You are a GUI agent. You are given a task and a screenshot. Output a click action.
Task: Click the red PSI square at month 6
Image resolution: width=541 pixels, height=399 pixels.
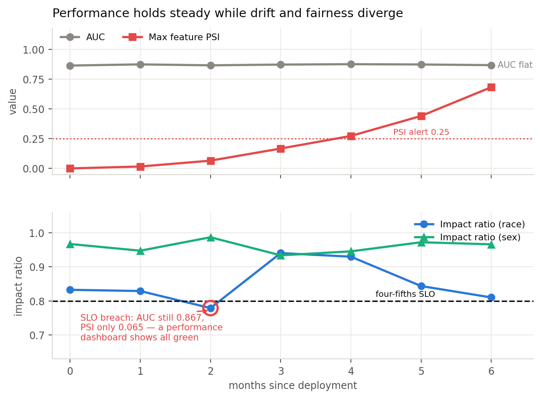pos(491,87)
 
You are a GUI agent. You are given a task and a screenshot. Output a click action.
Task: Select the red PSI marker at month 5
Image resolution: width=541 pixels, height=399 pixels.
pos(421,116)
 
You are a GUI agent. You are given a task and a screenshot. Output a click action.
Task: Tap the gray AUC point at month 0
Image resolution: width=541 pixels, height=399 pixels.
pos(70,66)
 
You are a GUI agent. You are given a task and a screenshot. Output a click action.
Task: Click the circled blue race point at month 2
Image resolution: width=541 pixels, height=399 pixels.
pos(211,308)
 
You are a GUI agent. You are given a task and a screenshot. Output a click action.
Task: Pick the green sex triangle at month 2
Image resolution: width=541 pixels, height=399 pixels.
pos(211,238)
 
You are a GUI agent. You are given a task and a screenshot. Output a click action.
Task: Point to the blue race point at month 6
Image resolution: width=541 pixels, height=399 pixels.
pos(491,297)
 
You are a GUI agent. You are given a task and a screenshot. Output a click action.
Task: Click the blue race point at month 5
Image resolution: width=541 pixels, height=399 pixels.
pos(421,286)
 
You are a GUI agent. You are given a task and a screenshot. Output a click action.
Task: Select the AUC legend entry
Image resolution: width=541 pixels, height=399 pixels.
pos(82,37)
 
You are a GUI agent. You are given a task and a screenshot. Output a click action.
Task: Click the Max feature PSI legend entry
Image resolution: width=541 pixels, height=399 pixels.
pos(171,37)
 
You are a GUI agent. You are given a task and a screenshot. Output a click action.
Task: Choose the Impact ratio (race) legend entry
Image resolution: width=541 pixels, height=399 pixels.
pos(469,224)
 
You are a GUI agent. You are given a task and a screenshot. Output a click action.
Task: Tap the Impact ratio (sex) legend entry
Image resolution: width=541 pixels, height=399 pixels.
pos(467,237)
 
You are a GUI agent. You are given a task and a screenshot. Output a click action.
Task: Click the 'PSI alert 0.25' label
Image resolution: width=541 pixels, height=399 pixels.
pos(421,132)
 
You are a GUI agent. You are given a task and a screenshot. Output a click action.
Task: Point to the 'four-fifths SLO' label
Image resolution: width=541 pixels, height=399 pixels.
pos(405,294)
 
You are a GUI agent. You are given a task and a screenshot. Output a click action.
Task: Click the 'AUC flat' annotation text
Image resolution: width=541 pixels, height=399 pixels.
pos(515,65)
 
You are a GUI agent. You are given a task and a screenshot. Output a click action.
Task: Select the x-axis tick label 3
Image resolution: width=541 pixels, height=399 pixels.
pos(281,371)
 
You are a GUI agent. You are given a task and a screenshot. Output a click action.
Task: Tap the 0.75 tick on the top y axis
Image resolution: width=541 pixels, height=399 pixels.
pos(33,80)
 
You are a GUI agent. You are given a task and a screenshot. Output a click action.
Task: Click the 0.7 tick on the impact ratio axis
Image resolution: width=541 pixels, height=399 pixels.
pos(37,335)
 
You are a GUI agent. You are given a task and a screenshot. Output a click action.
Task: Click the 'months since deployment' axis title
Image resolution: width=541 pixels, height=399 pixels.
pos(293,386)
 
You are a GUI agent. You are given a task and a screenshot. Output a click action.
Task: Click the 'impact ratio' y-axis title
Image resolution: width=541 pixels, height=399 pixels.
pos(18,286)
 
